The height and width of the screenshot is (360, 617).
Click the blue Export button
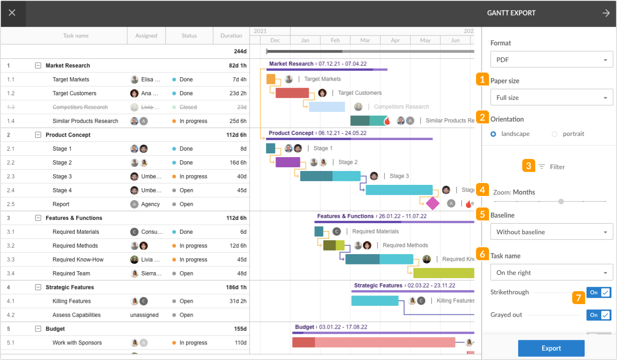tap(551, 348)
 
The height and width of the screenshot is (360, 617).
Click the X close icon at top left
tap(12, 13)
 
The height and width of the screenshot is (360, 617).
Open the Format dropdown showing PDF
tap(551, 60)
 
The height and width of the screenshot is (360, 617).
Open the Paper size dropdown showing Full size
tap(551, 98)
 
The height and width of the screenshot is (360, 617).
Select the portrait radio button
tap(555, 134)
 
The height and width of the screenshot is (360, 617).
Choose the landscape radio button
tap(494, 134)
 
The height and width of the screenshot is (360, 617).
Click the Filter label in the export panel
tap(557, 167)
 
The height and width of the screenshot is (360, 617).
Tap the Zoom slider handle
tap(561, 201)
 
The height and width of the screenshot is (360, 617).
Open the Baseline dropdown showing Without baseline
tap(551, 232)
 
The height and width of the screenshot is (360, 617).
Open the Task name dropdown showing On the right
tap(551, 273)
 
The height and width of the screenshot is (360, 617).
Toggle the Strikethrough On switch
tap(599, 293)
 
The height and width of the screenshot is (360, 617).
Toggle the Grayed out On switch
tap(599, 315)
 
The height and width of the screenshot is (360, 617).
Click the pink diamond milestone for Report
tap(433, 203)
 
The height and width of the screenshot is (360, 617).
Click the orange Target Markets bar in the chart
tap(271, 79)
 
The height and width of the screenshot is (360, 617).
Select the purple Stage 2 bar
tap(287, 162)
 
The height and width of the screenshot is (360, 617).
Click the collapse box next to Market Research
tap(38, 66)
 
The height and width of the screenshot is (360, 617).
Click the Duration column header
tap(231, 36)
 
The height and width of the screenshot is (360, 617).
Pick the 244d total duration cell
tap(240, 51)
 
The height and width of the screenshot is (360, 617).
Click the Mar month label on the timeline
tap(365, 40)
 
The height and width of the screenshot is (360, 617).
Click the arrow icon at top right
tap(606, 13)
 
